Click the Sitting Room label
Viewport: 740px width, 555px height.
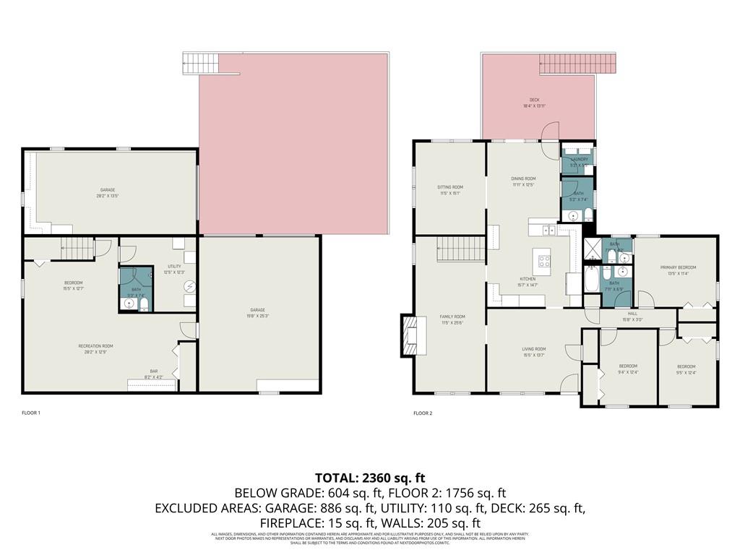449,190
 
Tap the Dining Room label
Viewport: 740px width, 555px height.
523,181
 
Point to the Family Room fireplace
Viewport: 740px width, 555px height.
410,336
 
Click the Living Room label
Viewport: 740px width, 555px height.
534,352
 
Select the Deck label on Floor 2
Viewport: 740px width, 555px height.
534,103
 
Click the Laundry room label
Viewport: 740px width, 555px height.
580,161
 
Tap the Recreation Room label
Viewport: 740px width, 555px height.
95,349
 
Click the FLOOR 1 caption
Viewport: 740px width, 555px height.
31,413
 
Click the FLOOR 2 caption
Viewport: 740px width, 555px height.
423,413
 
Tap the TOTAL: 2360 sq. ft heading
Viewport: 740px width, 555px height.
370,478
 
